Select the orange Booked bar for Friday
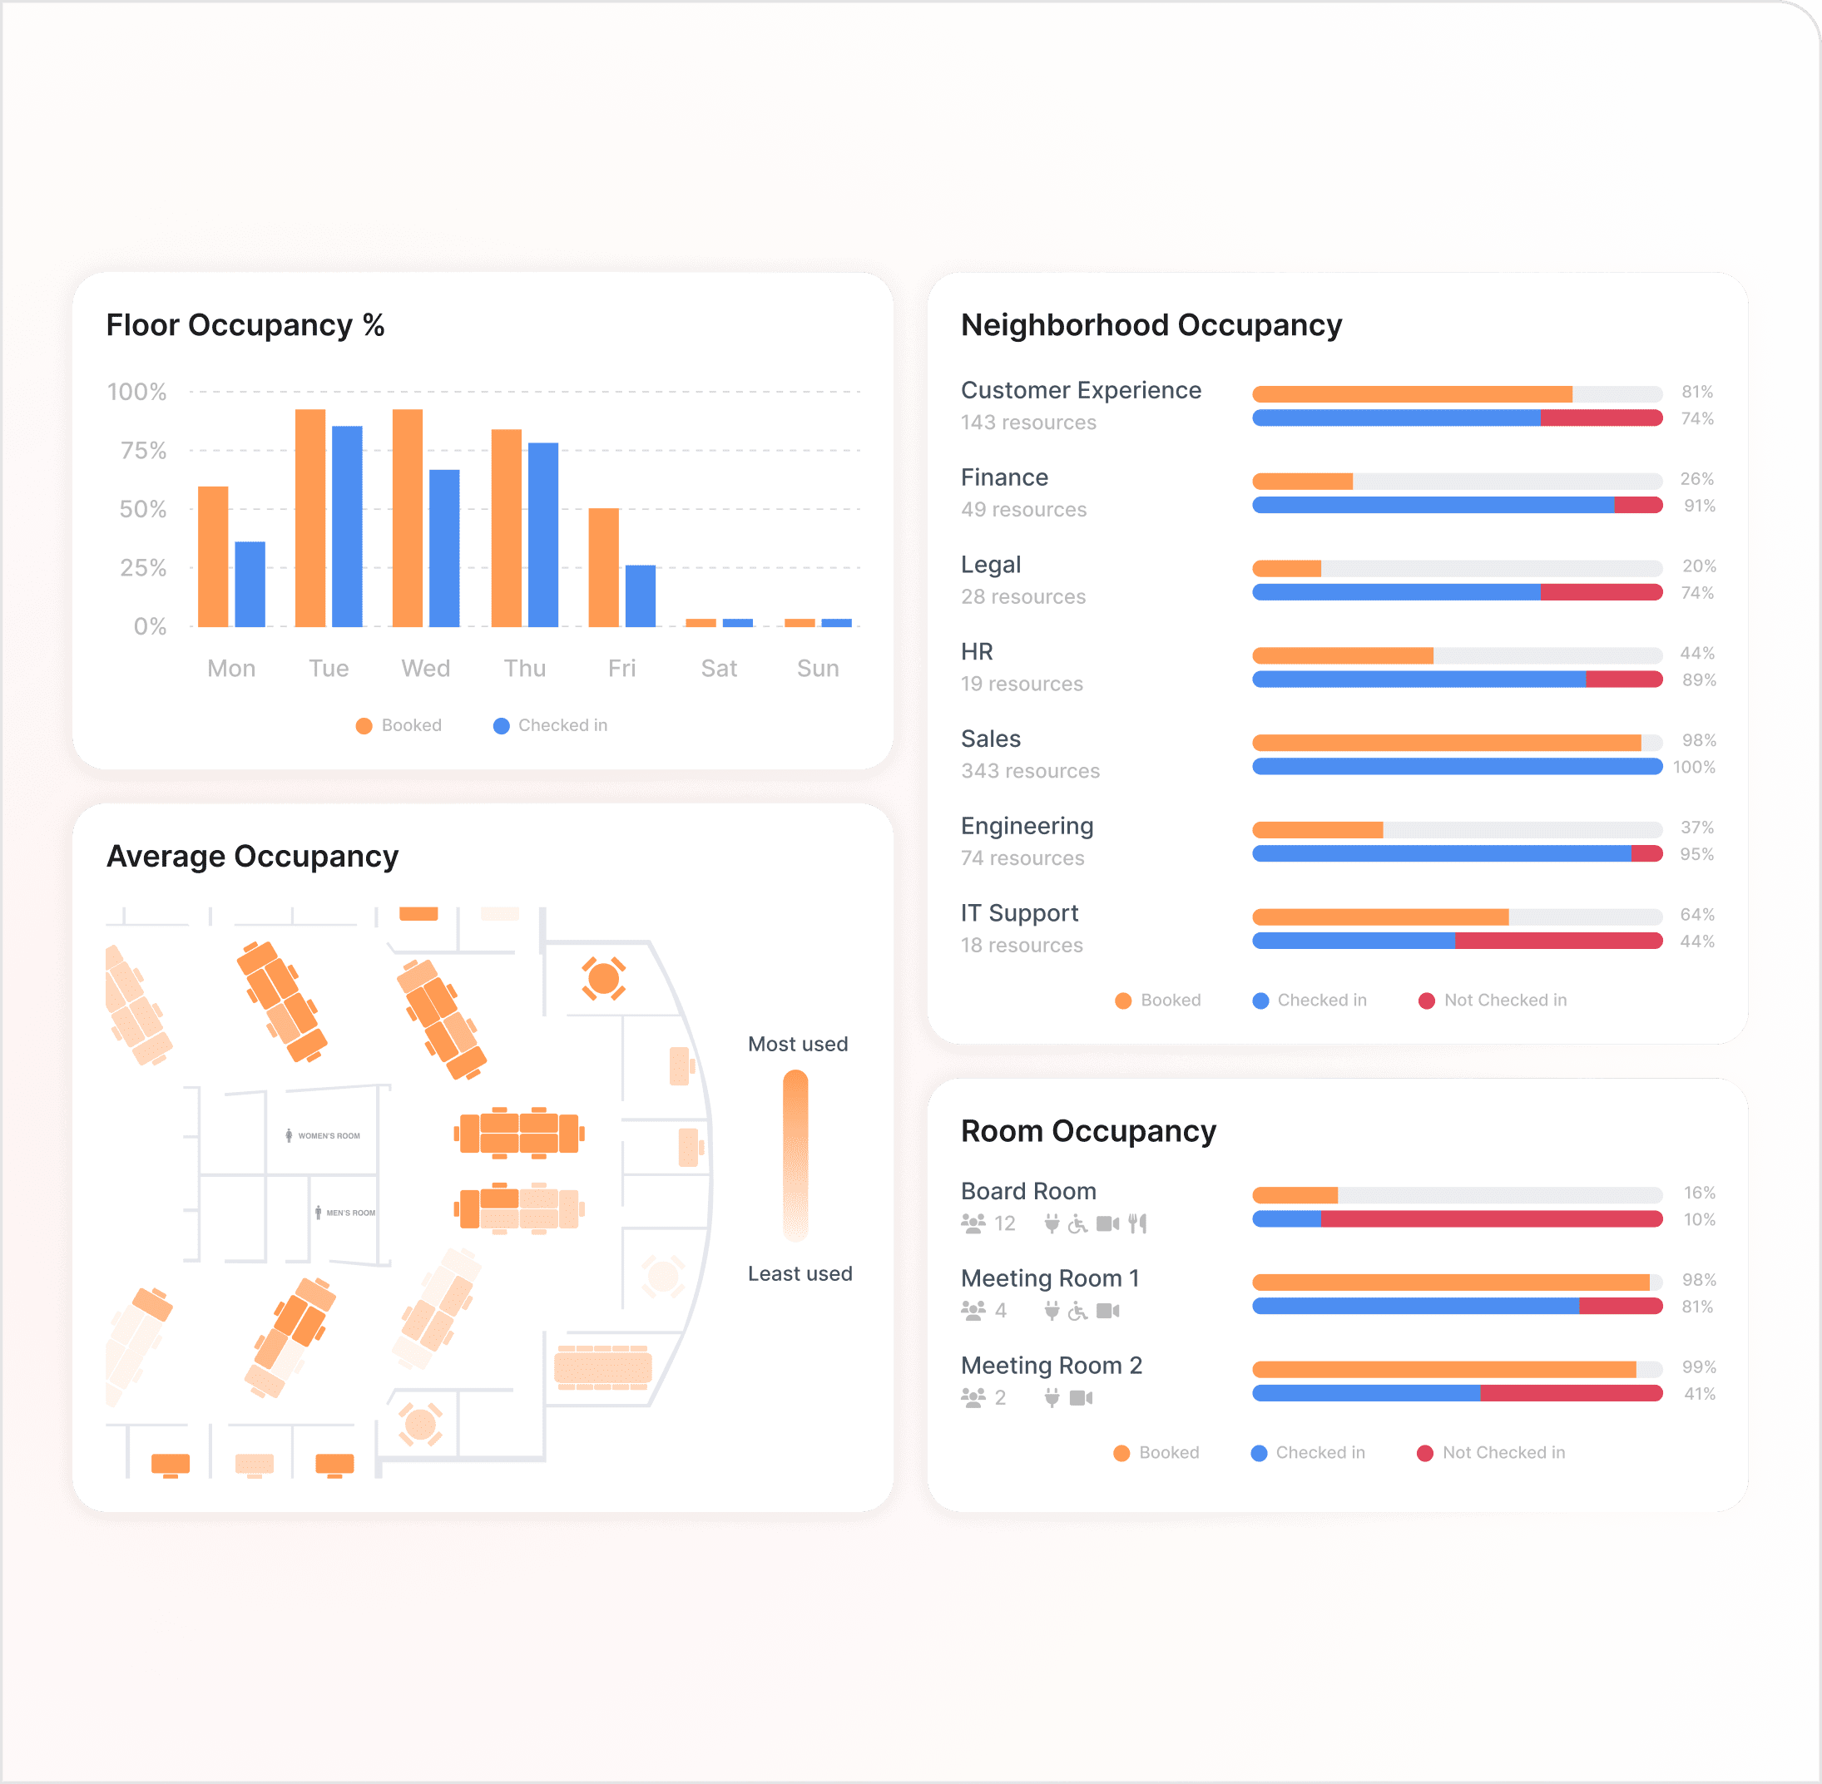click(602, 567)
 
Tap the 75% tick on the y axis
click(143, 451)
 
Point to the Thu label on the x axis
click(524, 668)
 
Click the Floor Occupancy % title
click(245, 325)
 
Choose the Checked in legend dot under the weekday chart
click(502, 725)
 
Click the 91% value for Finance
click(1698, 506)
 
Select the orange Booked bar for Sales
click(1445, 743)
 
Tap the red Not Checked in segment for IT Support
click(1557, 941)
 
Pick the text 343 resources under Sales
click(1030, 771)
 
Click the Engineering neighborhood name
click(1027, 826)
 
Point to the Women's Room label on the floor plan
click(328, 1135)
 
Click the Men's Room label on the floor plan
click(349, 1213)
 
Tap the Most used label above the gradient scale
click(798, 1044)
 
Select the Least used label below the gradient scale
click(800, 1273)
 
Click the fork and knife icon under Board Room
click(1136, 1223)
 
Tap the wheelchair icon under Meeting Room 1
click(1078, 1310)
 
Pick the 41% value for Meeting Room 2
click(1698, 1394)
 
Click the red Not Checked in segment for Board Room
click(1490, 1219)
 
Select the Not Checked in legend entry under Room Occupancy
click(1503, 1452)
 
